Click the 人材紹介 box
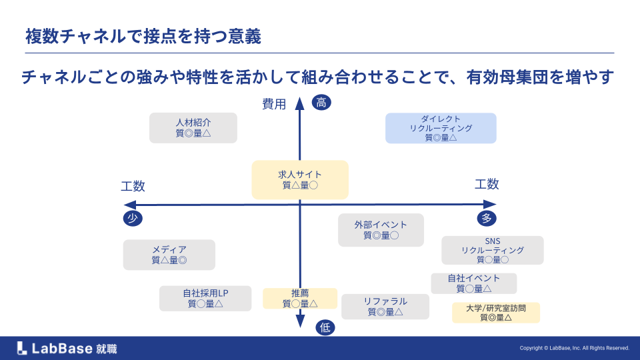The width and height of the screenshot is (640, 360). click(x=193, y=127)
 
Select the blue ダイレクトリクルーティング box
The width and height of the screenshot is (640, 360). click(x=441, y=128)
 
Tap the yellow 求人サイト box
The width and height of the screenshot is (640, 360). click(x=300, y=179)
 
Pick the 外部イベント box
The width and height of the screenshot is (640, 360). click(x=381, y=230)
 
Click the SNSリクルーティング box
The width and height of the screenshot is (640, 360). click(x=493, y=250)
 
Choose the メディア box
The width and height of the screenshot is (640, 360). click(x=169, y=255)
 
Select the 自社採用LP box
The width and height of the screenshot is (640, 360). click(x=205, y=298)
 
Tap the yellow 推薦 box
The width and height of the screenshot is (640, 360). click(x=300, y=298)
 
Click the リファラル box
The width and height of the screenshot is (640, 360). click(x=385, y=307)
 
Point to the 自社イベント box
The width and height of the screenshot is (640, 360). click(x=473, y=283)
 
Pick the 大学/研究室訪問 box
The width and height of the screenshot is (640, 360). click(x=495, y=313)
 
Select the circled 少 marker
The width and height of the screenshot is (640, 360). click(x=133, y=219)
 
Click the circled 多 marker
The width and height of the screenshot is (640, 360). click(x=487, y=219)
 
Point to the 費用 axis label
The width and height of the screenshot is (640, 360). click(x=273, y=104)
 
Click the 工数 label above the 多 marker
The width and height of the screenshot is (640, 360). click(x=487, y=185)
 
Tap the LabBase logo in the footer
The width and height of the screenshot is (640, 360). click(x=67, y=348)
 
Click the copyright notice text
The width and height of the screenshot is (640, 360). click(x=574, y=348)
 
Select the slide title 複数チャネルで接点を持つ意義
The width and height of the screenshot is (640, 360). click(x=143, y=36)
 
